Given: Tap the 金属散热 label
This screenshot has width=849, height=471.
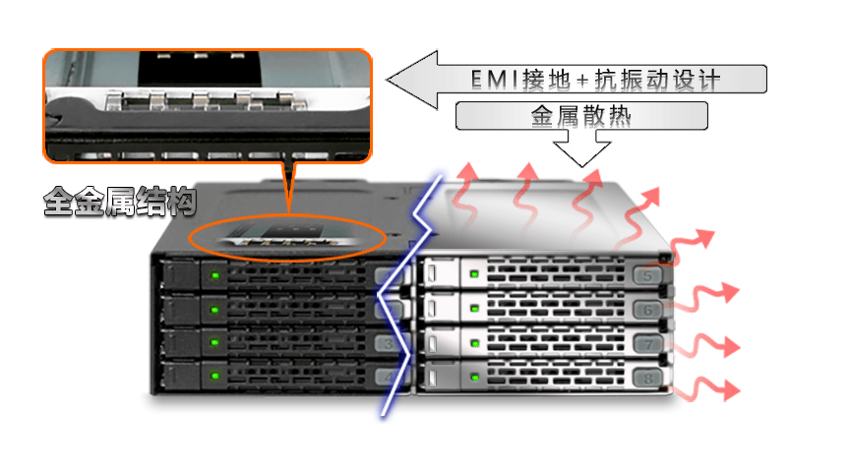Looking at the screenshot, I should coord(580,116).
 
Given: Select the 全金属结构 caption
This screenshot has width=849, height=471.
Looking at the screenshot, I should coord(119,204).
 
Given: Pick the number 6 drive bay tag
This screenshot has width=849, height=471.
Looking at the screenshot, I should coord(647,310).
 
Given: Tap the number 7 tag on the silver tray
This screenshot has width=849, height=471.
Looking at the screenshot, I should coord(647,344).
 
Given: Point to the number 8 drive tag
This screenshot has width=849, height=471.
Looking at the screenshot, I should coord(646,377).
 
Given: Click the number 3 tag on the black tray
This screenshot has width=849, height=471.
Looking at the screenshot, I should coord(386,343).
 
